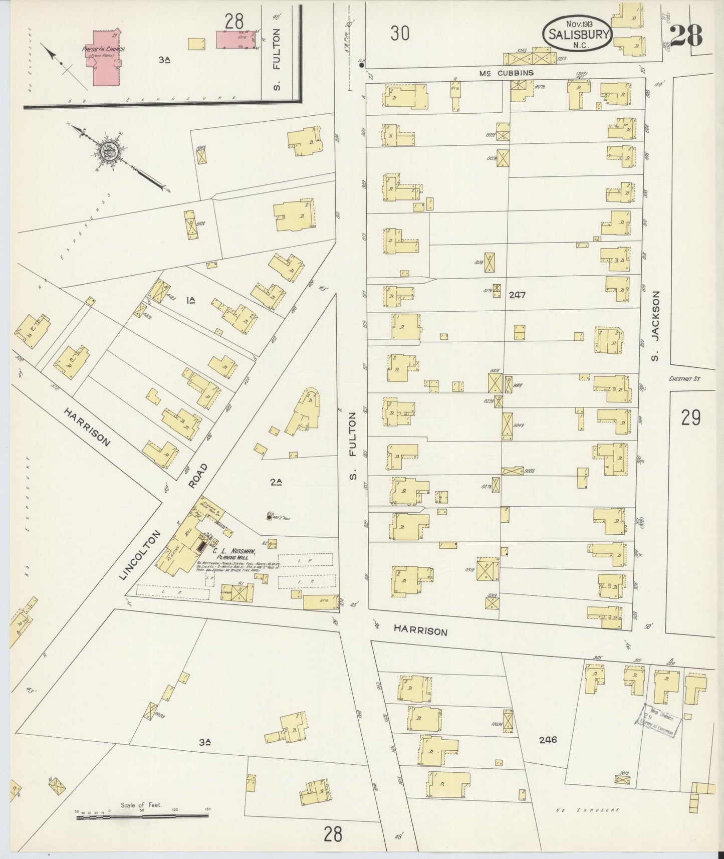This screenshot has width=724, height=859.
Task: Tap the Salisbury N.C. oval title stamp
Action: [577, 33]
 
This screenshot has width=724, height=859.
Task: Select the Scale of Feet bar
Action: [142, 816]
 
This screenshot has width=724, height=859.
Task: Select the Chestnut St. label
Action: [685, 379]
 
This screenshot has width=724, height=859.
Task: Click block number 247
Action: [517, 295]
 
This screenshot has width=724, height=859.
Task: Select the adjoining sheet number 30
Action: [400, 34]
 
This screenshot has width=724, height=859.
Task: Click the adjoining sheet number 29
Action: [690, 417]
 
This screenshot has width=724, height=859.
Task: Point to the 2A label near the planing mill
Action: [276, 482]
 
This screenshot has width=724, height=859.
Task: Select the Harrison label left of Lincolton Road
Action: [87, 426]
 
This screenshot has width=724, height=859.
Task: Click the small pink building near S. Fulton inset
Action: [236, 40]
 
